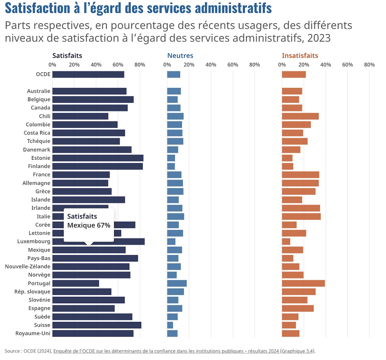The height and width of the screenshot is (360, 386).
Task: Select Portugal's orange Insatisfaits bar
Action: [x=303, y=283]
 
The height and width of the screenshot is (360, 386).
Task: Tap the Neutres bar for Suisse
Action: [x=170, y=325]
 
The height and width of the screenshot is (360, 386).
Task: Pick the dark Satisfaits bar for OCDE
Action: [x=88, y=74]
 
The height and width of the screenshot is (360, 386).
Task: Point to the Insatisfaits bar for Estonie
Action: [x=287, y=158]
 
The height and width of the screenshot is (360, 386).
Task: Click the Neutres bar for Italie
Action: [x=175, y=217]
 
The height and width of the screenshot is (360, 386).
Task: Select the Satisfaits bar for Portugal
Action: [x=75, y=283]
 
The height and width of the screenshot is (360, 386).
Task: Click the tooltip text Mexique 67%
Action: [x=89, y=226]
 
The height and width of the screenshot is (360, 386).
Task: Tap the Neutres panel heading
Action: [x=180, y=56]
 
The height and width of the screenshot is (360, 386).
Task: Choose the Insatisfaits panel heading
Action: [x=300, y=56]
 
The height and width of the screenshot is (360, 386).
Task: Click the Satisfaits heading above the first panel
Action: [x=67, y=56]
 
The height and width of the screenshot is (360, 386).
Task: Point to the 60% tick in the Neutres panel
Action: [x=233, y=64]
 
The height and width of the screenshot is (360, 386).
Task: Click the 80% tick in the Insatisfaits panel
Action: [x=369, y=64]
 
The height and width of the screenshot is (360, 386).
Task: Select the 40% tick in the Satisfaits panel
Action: [x=96, y=64]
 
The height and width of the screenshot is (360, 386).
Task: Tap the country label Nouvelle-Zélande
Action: [x=28, y=267]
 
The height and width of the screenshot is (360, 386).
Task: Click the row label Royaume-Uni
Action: [x=33, y=333]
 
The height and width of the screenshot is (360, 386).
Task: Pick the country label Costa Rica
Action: [x=37, y=133]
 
